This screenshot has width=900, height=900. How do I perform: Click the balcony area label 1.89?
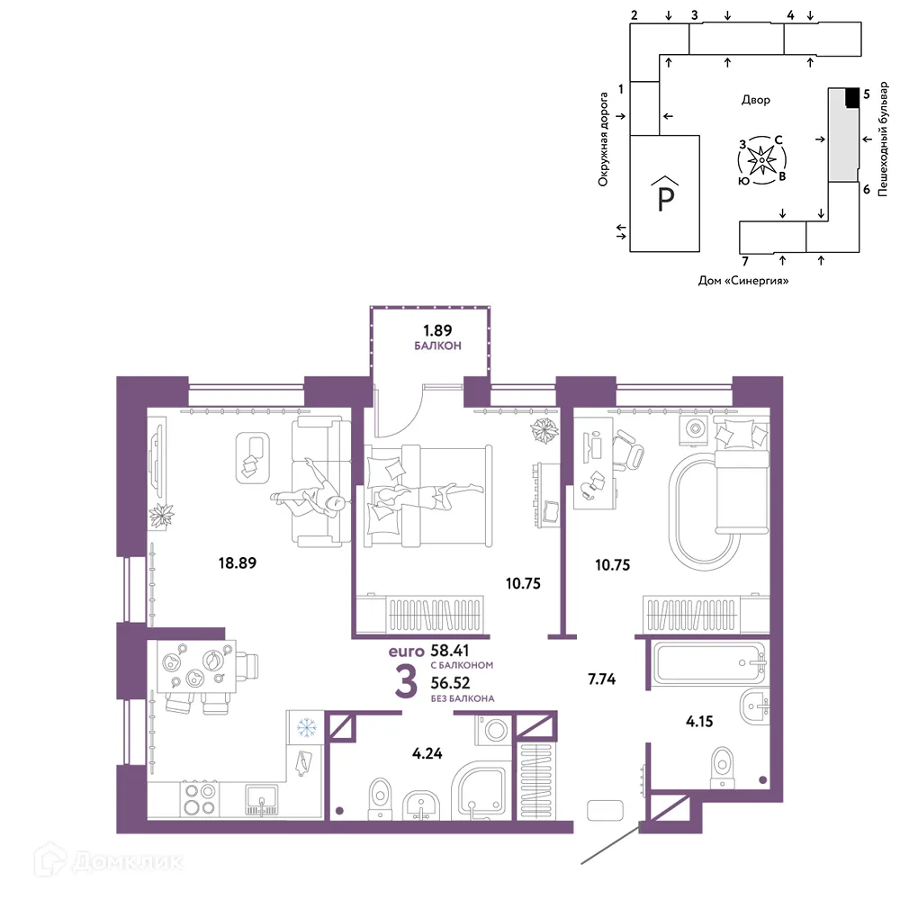click(437, 330)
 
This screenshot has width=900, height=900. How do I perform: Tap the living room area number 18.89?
click(237, 563)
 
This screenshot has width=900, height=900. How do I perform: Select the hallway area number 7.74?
click(601, 679)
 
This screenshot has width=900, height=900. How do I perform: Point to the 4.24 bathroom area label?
click(427, 753)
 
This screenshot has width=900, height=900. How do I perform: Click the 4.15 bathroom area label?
click(699, 721)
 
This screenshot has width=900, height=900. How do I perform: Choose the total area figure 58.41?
click(450, 651)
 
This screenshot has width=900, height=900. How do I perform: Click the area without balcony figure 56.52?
click(451, 682)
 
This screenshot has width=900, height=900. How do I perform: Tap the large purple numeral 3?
click(406, 682)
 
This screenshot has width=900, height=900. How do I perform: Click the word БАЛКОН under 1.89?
click(437, 346)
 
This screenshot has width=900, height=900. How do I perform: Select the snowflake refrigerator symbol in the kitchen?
click(307, 728)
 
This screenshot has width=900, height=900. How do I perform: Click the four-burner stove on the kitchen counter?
click(200, 799)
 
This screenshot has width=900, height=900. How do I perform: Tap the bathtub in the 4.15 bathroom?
click(709, 663)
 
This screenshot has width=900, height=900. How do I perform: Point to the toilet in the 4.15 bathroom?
click(722, 767)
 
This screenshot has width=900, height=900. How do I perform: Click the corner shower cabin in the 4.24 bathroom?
click(481, 791)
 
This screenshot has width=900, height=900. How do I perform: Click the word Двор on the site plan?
click(756, 100)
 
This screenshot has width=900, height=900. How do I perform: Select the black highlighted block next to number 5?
click(853, 97)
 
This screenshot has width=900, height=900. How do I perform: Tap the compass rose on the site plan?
click(761, 160)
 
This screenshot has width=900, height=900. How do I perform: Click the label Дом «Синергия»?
click(743, 281)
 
